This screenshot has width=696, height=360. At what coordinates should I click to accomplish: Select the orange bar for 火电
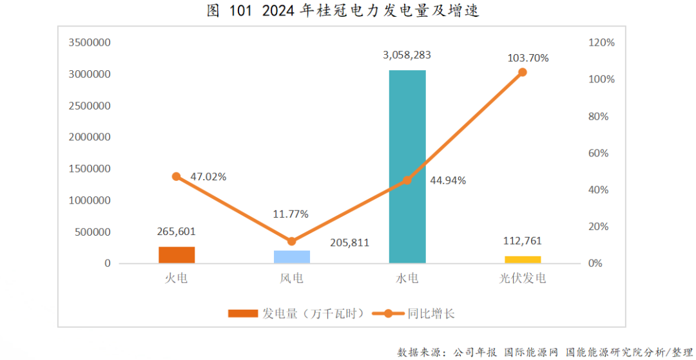pos(177,255)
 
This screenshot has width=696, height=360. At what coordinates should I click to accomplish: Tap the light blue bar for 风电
pos(292,257)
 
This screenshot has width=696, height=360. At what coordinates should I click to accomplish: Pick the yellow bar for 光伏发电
pos(523,260)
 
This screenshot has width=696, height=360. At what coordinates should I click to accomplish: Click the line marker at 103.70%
pos(523,72)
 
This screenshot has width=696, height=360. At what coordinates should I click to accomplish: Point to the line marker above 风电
pos(291,242)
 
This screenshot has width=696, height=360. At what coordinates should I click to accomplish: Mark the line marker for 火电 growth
pos(177,176)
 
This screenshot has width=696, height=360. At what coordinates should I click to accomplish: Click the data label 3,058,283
pos(407,55)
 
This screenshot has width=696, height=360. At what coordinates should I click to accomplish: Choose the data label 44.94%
pos(448,180)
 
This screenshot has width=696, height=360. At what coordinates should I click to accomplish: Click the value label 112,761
pos(523,242)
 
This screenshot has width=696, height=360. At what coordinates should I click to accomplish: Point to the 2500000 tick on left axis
pos(89,106)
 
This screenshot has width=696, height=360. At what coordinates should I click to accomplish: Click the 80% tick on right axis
pos(602,117)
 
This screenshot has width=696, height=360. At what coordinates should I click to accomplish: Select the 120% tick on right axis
pos(602,43)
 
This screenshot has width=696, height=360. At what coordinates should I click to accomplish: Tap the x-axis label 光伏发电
pos(523,279)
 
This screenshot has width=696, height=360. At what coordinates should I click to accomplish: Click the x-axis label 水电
pos(407,279)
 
